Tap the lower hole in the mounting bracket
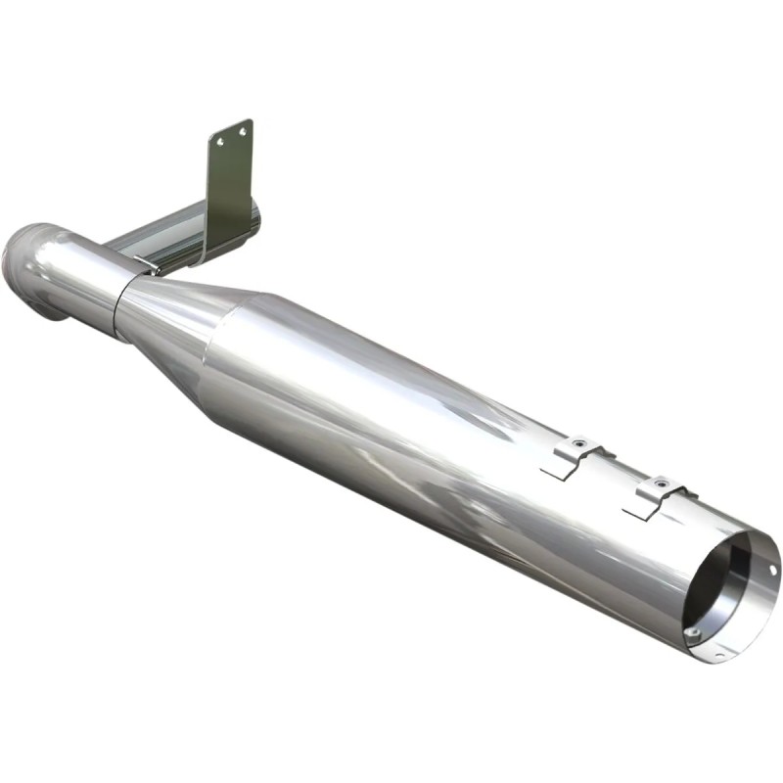coord(220,143)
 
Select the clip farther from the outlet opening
coord(576,450)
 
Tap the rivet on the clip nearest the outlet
coord(662,482)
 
